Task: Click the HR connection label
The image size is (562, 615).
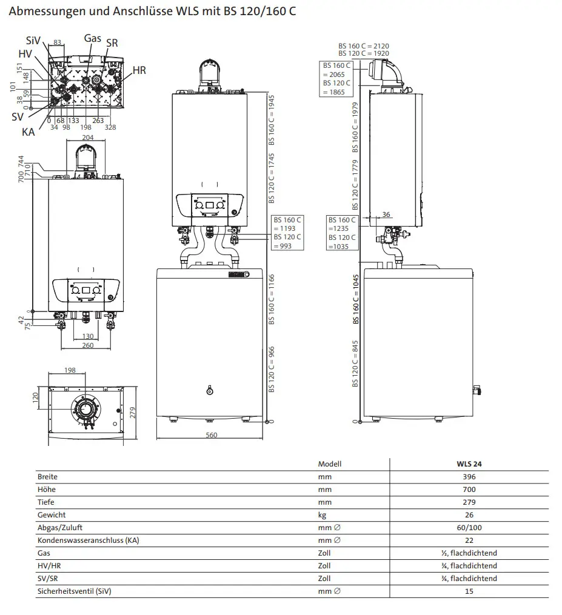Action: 139,70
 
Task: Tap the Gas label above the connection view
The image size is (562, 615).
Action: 93,38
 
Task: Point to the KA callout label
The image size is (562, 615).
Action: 28,132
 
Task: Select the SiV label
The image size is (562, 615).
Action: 33,41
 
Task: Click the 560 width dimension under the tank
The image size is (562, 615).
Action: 211,435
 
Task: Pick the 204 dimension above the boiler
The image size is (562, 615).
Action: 87,138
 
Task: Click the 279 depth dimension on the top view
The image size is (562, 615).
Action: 133,413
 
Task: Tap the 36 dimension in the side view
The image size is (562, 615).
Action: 386,214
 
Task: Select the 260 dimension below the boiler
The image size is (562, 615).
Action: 88,345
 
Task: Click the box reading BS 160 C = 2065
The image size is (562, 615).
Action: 336,79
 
